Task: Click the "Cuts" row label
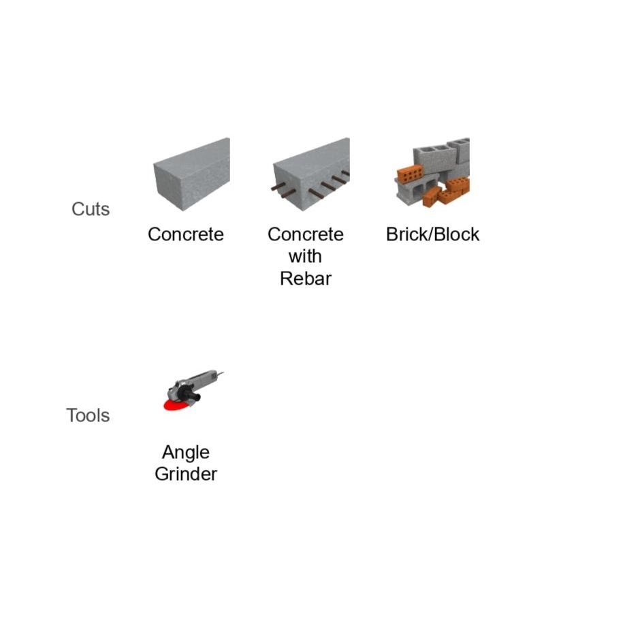point(90,209)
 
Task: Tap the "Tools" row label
point(88,415)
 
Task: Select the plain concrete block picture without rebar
point(191,174)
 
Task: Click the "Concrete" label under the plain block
point(185,234)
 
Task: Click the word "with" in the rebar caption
point(305,257)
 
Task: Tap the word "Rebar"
point(305,278)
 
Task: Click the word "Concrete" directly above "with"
point(305,234)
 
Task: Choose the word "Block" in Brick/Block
point(458,234)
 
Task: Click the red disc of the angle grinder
point(177,406)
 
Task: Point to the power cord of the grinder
point(220,373)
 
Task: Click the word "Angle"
point(185,452)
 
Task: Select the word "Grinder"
point(185,474)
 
